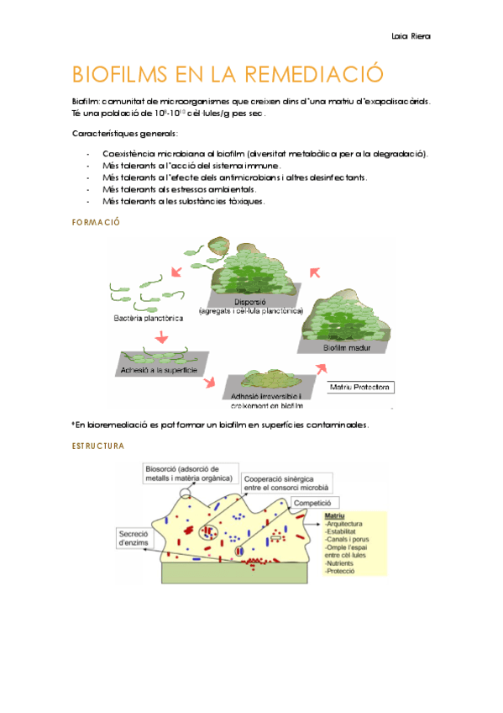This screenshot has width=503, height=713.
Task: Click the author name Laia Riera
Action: (411, 37)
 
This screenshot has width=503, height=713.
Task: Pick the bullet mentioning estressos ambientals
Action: (191, 190)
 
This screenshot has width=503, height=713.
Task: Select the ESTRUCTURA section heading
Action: (99, 446)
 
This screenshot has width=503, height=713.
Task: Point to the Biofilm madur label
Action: (349, 346)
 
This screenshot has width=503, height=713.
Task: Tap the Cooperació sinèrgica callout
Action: (288, 482)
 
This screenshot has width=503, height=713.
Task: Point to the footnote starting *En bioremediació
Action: (220, 425)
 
